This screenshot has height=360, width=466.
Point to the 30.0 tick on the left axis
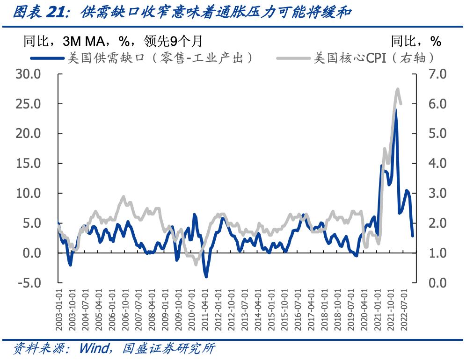coord(29,74)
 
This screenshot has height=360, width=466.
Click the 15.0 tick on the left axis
coord(29,163)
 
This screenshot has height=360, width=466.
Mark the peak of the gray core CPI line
coord(398,89)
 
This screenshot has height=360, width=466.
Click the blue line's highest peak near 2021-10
coord(395,109)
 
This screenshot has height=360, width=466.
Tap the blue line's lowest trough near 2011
coord(206,277)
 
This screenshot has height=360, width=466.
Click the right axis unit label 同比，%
coord(416,42)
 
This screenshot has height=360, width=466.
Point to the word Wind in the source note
coord(95,349)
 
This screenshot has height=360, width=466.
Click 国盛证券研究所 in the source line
coord(168,349)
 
